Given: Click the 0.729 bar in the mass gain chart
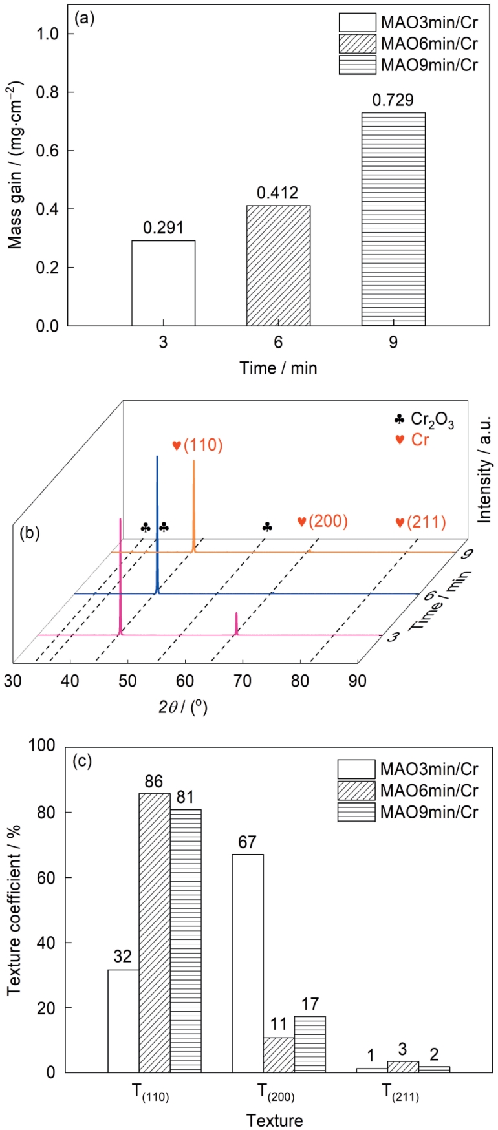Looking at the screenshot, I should pyautogui.click(x=393, y=219).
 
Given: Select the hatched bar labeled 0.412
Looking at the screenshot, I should pyautogui.click(x=278, y=266).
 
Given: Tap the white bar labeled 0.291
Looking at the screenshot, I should pyautogui.click(x=163, y=283).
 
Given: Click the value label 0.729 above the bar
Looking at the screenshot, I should pyautogui.click(x=393, y=100).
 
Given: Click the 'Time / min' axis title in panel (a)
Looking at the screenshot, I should pyautogui.click(x=278, y=368).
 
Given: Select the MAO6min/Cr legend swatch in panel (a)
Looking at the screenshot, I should pyautogui.click(x=357, y=44).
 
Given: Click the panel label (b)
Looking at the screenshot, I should pyautogui.click(x=30, y=533).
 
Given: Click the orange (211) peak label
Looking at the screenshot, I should pyautogui.click(x=420, y=522).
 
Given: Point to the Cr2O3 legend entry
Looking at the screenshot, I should pyautogui.click(x=424, y=421).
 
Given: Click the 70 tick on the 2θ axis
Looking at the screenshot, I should pyautogui.click(x=243, y=680).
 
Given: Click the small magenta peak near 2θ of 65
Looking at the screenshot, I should pyautogui.click(x=237, y=623).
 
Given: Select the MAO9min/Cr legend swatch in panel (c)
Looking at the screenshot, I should pyautogui.click(x=356, y=811).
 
